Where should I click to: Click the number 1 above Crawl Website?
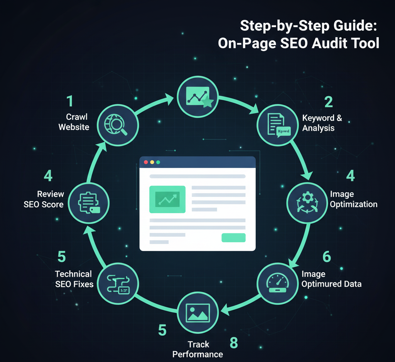click(70, 102)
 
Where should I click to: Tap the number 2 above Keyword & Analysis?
click(328, 102)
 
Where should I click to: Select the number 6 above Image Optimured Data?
click(326, 257)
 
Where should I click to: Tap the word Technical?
click(73, 274)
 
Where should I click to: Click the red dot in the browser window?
click(146, 162)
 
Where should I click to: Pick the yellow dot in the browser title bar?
click(152, 162)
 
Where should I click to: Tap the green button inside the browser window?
click(233, 238)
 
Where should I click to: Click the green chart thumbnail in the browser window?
click(167, 199)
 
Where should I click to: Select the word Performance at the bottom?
click(197, 354)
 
